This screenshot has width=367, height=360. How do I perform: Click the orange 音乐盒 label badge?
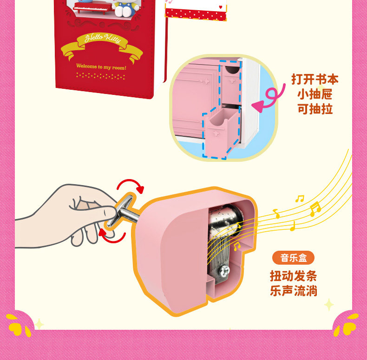click(293, 258)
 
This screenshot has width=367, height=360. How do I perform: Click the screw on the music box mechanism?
click(224, 271)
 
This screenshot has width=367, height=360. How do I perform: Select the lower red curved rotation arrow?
click(112, 237)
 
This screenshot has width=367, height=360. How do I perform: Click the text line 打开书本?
click(315, 79)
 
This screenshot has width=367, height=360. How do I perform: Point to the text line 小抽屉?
click(315, 94)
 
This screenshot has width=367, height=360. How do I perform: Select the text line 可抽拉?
click(315, 109)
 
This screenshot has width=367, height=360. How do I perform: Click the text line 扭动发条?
click(293, 276)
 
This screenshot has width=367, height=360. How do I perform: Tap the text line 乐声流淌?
click(293, 291)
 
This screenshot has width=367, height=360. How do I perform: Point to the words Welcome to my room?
click(101, 67)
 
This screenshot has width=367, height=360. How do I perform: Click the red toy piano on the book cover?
click(93, 8)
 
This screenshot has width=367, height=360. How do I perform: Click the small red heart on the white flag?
click(221, 7)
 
